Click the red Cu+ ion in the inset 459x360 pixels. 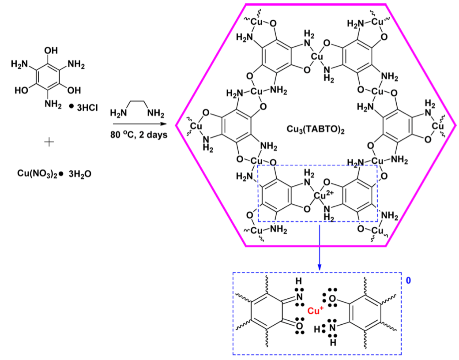point(316,311)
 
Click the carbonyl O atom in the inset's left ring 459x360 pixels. point(300,326)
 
